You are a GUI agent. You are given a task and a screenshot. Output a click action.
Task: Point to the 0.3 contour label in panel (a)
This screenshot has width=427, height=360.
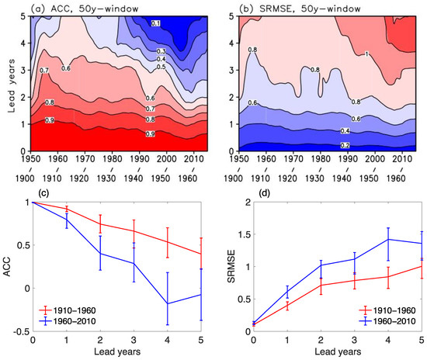point(161,50)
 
